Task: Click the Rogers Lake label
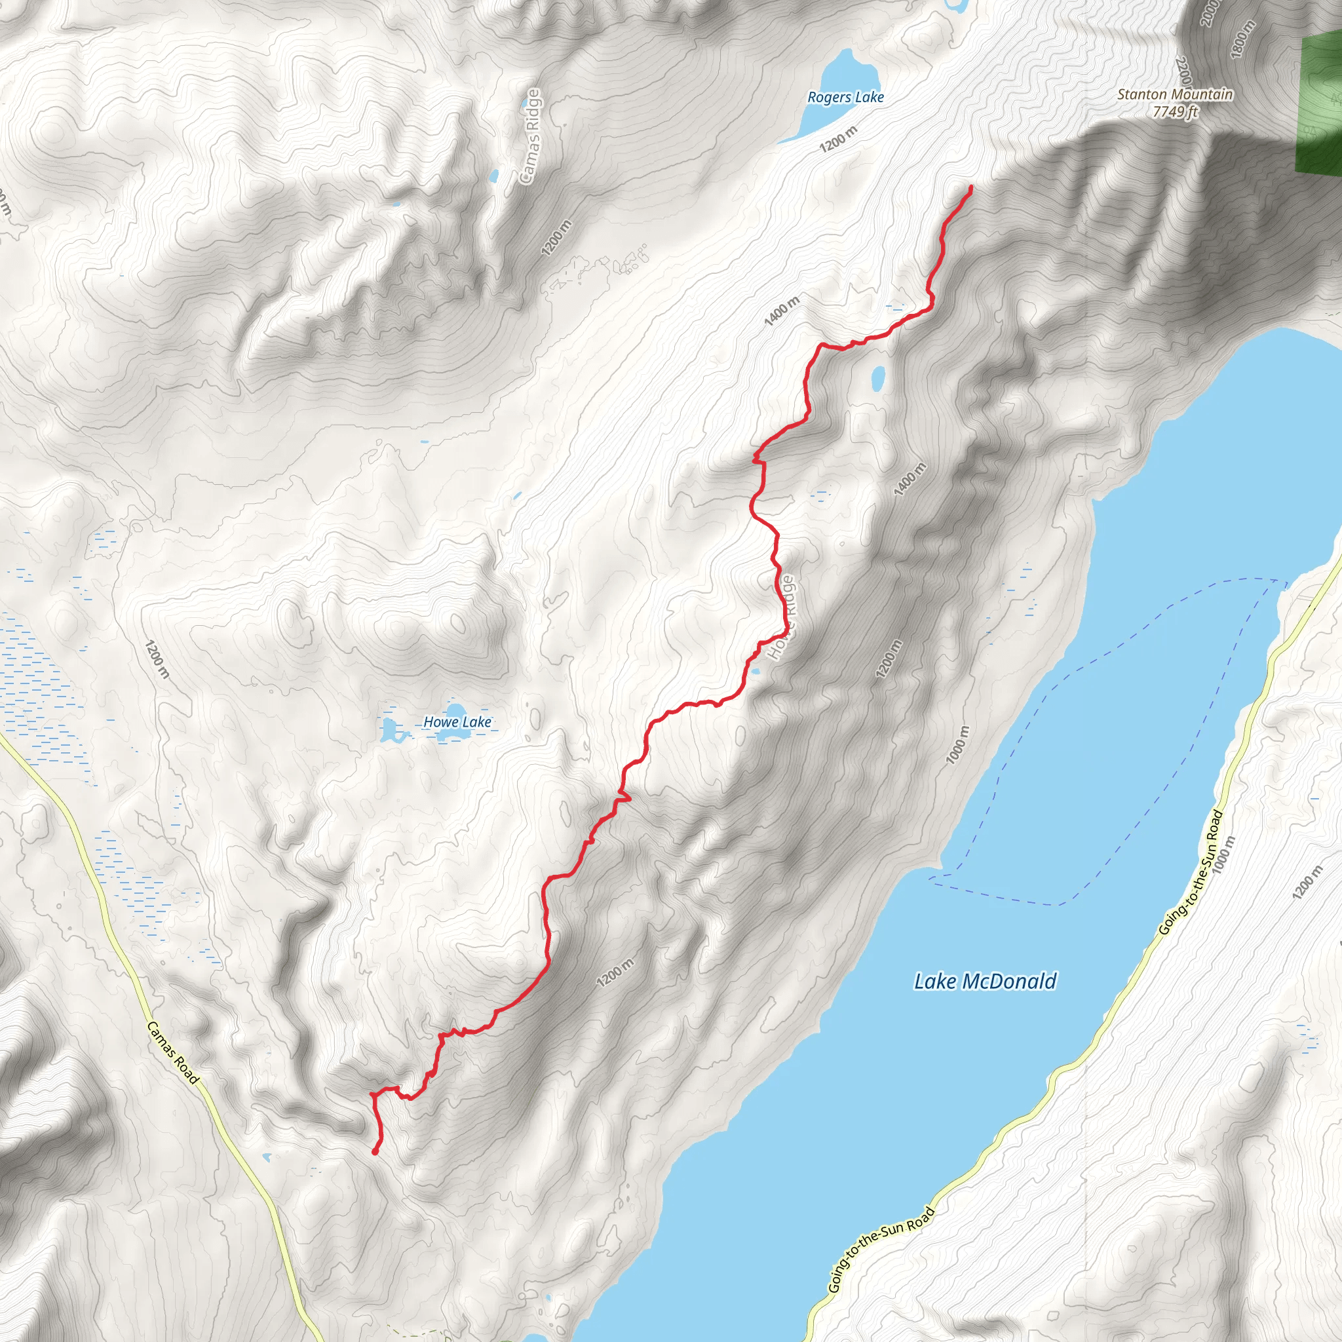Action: coord(845,97)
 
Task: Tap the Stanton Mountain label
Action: coord(1175,94)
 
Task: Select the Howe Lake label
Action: coord(457,722)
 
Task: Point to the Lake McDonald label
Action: coord(985,982)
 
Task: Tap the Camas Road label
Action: coord(172,1053)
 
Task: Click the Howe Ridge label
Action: coord(782,617)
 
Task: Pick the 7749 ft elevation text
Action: coord(1176,111)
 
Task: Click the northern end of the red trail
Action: coord(970,187)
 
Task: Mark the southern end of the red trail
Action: coord(375,1153)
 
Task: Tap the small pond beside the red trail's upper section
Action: coord(878,377)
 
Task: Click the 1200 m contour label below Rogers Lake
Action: coord(838,139)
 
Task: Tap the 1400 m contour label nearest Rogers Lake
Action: coord(782,310)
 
